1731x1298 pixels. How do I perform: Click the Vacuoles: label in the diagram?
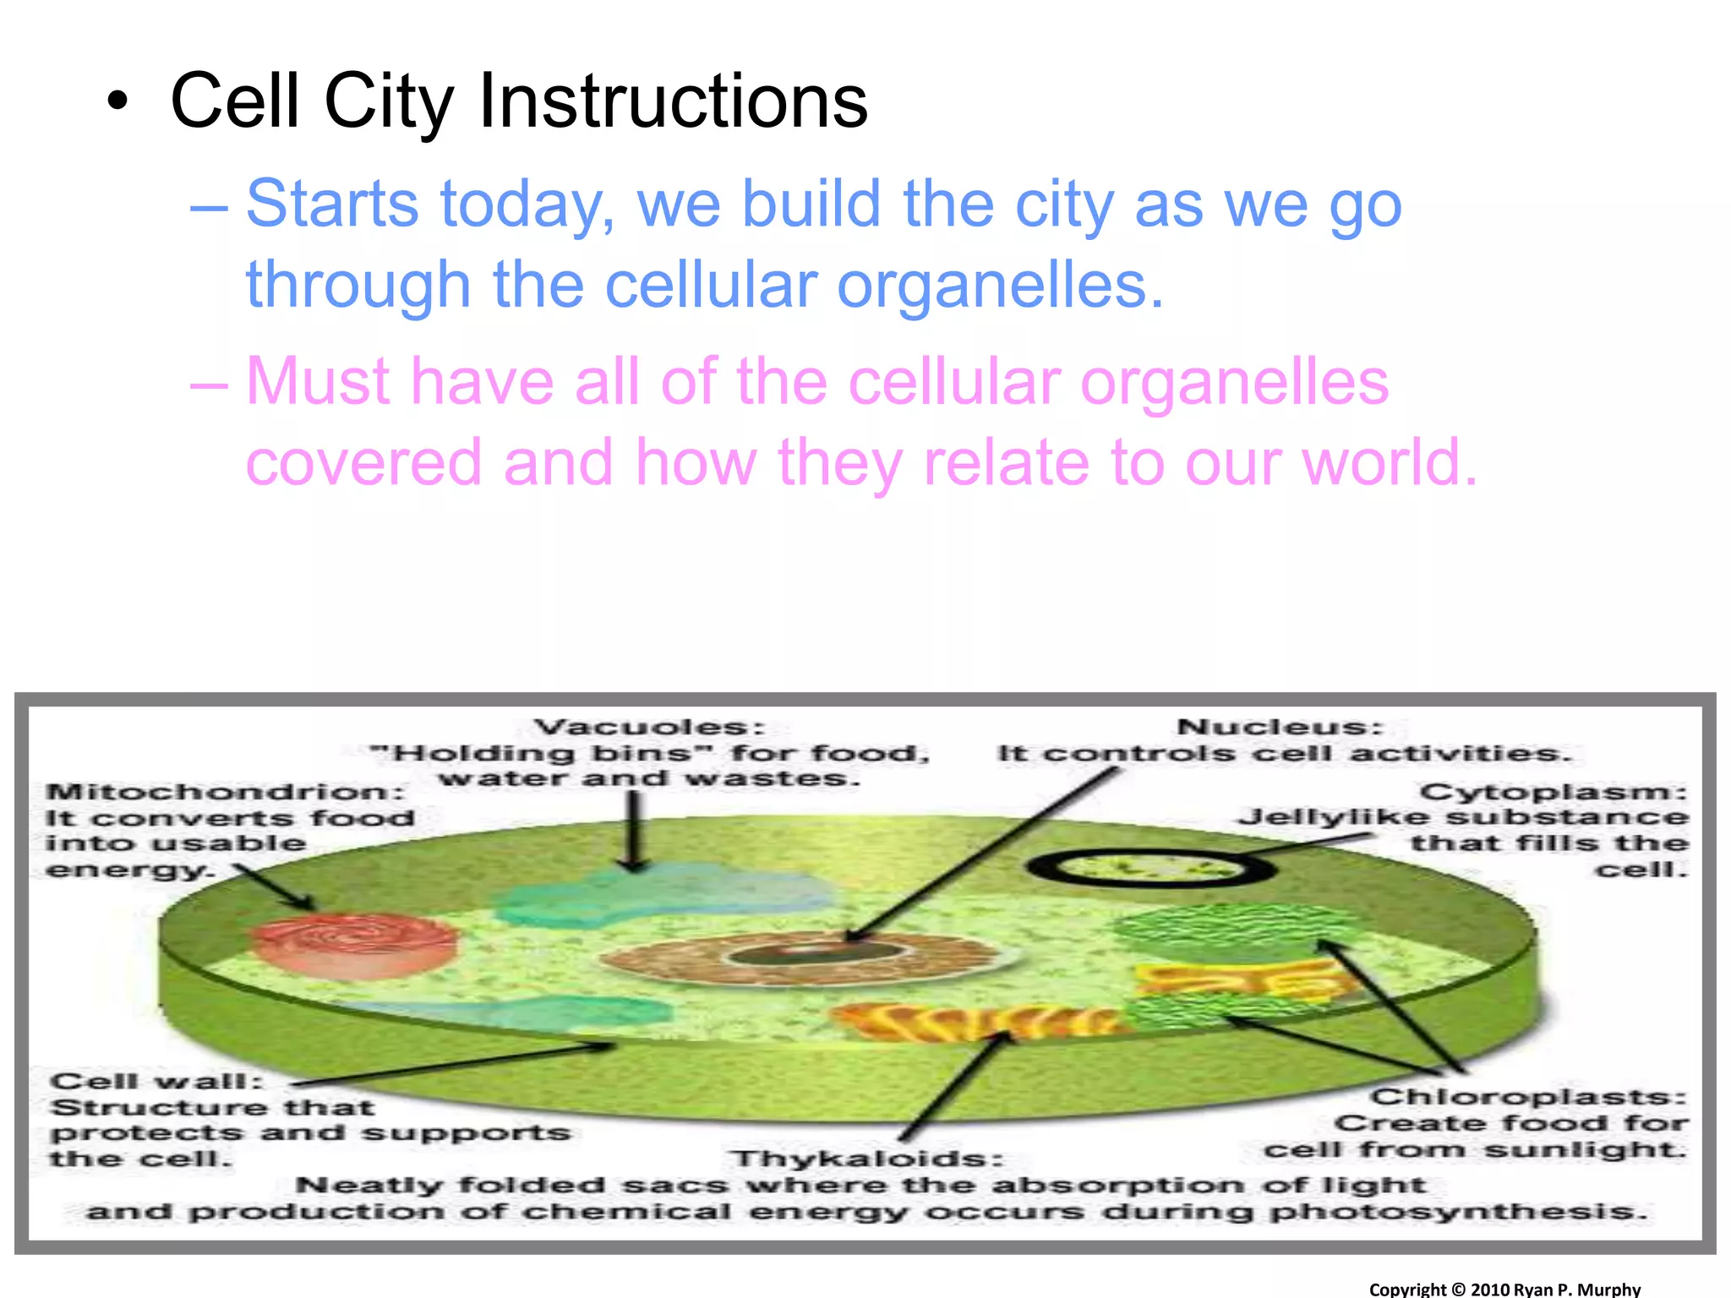click(649, 728)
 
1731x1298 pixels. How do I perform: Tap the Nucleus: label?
click(1280, 728)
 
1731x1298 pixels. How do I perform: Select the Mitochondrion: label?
click(226, 793)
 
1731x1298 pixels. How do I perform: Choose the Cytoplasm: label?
click(1554, 793)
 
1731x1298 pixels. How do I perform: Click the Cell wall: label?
click(156, 1082)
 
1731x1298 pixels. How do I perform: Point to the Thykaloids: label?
click(867, 1159)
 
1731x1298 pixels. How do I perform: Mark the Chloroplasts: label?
click(1528, 1097)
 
